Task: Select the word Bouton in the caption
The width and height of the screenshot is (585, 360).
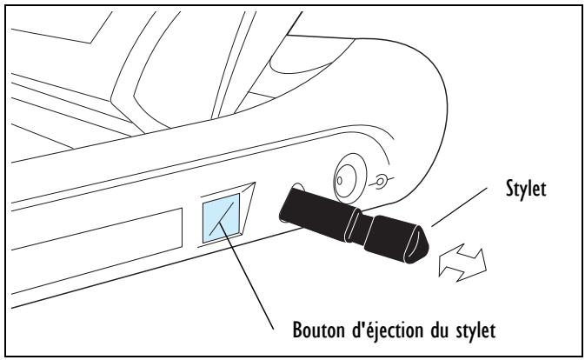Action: (307, 330)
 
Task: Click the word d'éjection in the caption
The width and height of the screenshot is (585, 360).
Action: (379, 330)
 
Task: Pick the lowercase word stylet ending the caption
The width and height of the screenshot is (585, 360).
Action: (470, 330)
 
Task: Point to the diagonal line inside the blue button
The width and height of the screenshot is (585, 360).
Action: (222, 215)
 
